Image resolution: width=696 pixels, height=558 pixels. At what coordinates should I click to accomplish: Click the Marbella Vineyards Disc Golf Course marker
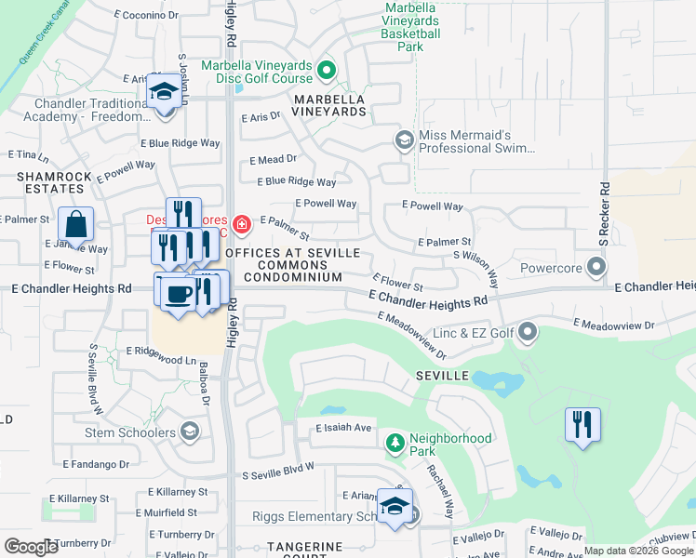[327, 70]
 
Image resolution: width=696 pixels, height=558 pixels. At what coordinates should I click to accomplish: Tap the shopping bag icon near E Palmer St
[75, 225]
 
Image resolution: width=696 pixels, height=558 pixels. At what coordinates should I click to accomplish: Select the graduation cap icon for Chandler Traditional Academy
[164, 93]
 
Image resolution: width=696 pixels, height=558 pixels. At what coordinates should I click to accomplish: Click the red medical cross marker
[242, 223]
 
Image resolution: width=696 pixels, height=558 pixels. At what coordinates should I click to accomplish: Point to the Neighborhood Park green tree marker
[395, 441]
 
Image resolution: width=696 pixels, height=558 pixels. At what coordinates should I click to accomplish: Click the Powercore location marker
[596, 267]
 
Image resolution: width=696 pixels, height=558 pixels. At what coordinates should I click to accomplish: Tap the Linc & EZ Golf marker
[529, 331]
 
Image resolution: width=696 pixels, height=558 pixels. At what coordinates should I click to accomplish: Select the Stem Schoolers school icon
[189, 431]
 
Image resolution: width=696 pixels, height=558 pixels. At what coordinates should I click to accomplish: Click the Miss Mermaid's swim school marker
[404, 140]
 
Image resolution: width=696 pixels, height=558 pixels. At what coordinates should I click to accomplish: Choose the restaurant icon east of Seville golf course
[582, 425]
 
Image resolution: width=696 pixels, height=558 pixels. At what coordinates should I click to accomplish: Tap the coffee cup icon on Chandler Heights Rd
[177, 293]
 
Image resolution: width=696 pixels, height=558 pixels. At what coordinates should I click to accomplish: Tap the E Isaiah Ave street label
[343, 428]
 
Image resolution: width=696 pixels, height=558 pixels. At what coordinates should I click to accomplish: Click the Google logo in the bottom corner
[32, 547]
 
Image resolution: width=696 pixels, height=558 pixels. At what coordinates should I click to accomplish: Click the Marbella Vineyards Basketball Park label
[411, 27]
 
